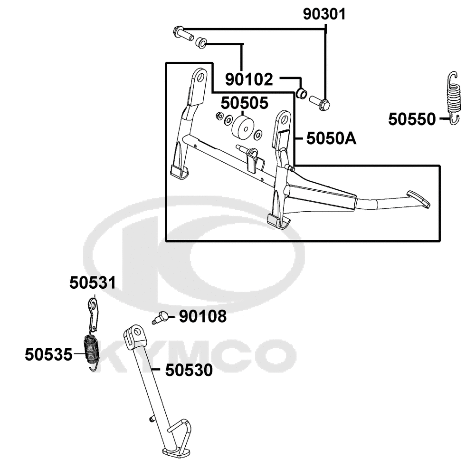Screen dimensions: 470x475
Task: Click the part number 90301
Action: [325, 15]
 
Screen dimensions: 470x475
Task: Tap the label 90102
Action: [249, 79]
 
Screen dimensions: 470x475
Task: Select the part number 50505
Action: [244, 102]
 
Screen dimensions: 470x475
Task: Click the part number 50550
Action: [412, 119]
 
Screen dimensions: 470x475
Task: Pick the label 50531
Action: [93, 283]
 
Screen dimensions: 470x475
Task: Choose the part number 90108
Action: [203, 316]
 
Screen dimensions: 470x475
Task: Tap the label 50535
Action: [49, 354]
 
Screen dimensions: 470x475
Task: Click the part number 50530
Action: [189, 370]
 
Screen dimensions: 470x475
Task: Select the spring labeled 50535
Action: [92, 351]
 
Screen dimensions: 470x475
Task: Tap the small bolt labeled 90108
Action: [162, 316]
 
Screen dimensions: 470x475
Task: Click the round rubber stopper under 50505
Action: [242, 127]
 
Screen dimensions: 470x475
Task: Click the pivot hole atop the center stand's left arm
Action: [200, 76]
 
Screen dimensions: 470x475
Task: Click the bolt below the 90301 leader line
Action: [320, 102]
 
